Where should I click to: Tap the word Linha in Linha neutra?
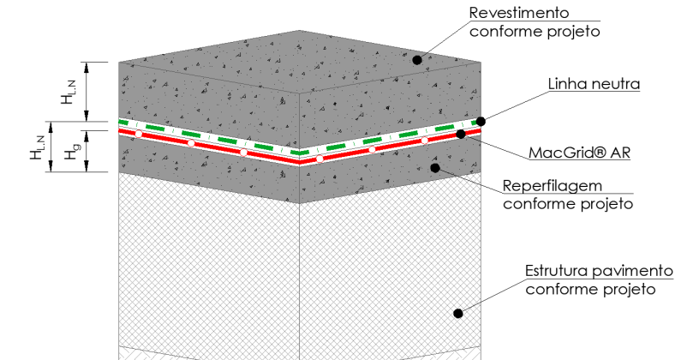[x=567, y=84]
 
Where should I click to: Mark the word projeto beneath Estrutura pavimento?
[x=630, y=290]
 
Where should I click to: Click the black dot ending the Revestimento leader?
[x=417, y=60]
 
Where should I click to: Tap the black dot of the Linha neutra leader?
[x=481, y=121]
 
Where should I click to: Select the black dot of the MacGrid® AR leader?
[x=461, y=134]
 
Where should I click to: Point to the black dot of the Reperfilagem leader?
[x=435, y=168]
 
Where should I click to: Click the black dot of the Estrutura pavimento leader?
[x=458, y=314]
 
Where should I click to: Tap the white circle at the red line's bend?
[x=319, y=159]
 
